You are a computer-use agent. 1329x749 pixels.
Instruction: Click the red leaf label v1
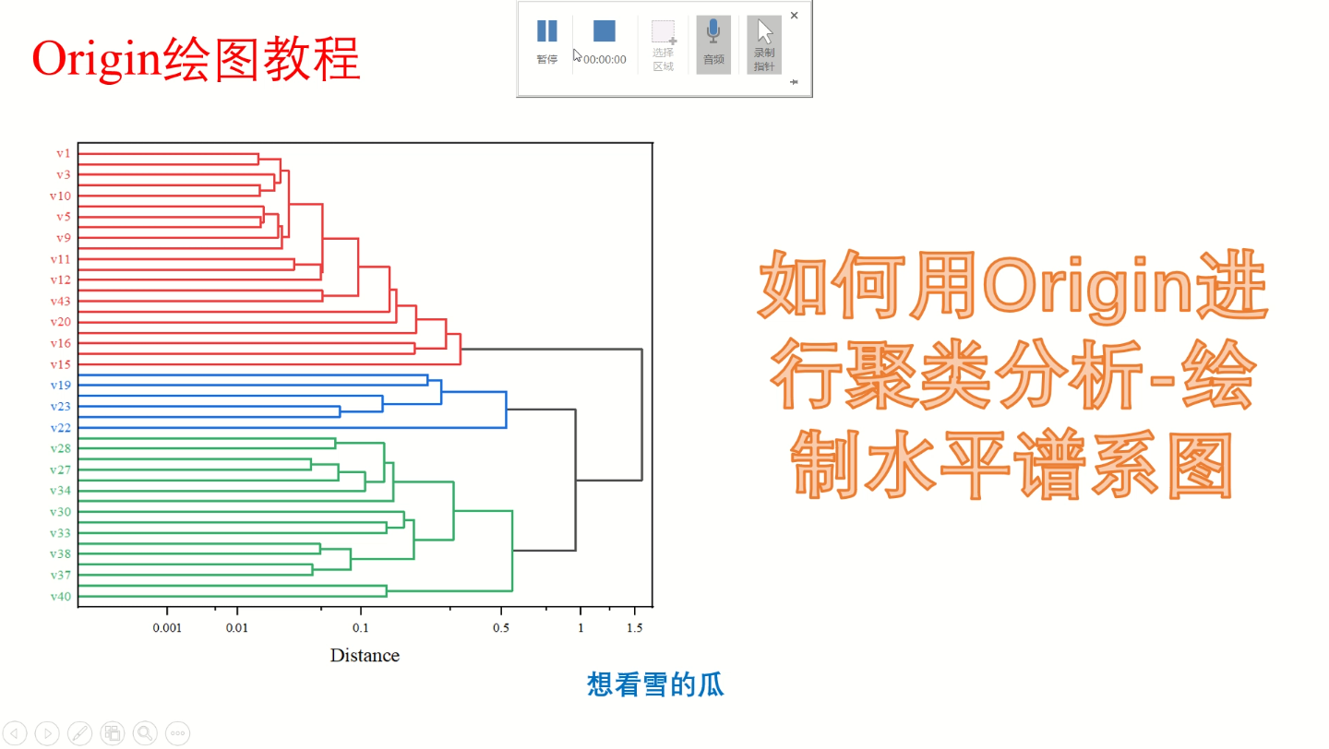[x=63, y=153]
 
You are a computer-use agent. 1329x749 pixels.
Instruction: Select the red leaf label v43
[x=60, y=301]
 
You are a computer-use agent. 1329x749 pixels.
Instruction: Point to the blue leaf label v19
[x=60, y=385]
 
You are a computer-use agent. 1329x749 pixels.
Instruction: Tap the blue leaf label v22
[x=60, y=427]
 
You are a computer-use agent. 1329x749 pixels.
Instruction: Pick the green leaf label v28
[x=60, y=448]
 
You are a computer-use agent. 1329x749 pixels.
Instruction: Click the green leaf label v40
[x=60, y=596]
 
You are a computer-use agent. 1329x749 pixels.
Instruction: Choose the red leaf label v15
[x=60, y=364]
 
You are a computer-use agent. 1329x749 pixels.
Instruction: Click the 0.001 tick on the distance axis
[x=167, y=628]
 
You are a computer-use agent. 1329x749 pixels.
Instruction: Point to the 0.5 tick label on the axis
[x=501, y=628]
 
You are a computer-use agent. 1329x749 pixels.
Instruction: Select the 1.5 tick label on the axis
[x=635, y=628]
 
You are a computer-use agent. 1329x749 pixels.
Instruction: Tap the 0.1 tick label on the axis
[x=361, y=628]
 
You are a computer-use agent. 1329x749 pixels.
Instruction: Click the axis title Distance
[x=365, y=656]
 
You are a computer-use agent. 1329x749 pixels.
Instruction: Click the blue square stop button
[x=605, y=31]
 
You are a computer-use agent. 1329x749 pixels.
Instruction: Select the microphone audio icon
[x=713, y=33]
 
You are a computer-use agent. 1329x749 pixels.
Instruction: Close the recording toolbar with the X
[x=795, y=16]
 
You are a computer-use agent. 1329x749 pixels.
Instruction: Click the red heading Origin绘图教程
[x=196, y=60]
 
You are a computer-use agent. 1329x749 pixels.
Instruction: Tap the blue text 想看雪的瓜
[x=655, y=684]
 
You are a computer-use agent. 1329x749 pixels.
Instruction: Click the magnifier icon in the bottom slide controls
[x=145, y=733]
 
